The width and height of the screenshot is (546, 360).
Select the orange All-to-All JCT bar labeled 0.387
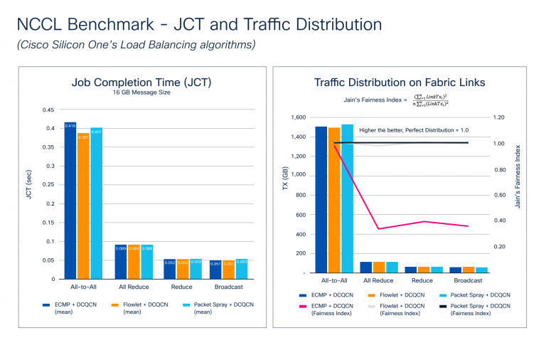pos(83,206)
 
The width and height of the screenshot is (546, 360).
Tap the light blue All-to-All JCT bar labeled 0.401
pos(96,203)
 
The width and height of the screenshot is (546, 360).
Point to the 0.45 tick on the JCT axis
pos(48,110)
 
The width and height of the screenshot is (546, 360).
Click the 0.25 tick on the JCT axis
pos(48,185)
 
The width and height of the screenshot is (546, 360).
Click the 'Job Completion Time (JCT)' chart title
pos(141,82)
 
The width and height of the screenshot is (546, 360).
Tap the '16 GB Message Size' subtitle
pos(141,92)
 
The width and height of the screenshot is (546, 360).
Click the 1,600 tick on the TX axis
pos(297,117)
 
